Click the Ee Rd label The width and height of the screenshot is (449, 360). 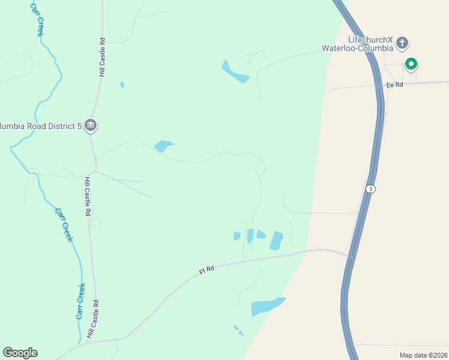tap(394, 85)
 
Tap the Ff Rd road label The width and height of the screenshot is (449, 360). tap(207, 271)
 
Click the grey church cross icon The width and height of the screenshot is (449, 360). tap(402, 43)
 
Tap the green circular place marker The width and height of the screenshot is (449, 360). tap(411, 63)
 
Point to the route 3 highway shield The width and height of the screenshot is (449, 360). tap(371, 188)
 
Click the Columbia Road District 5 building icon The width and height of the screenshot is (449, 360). tap(91, 125)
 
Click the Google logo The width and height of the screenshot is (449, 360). tap(20, 353)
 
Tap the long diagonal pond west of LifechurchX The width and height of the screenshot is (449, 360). tap(235, 72)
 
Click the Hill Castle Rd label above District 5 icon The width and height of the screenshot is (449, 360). tap(103, 58)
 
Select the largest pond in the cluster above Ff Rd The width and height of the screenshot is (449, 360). tap(276, 241)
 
